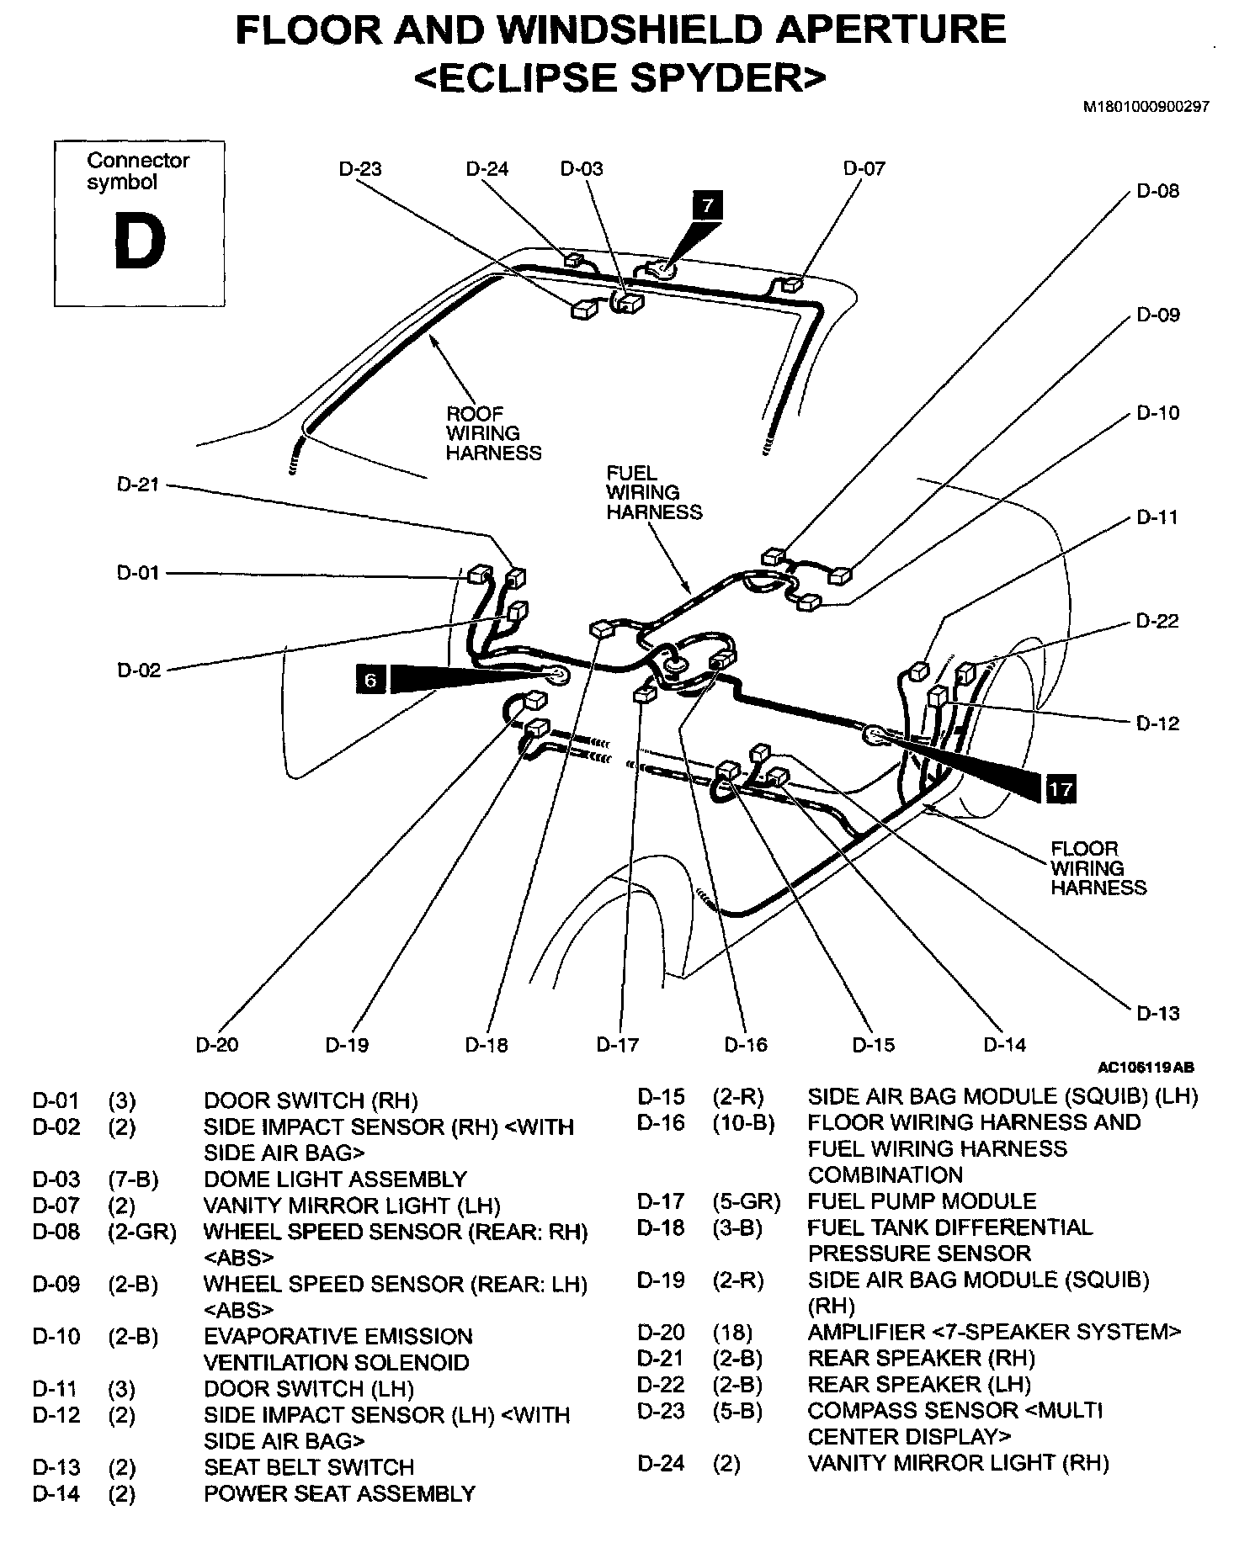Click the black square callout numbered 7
708,205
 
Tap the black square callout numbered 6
370,678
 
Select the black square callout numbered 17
1061,788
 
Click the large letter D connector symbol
140,241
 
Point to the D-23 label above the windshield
360,169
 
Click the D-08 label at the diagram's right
1158,191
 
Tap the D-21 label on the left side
138,485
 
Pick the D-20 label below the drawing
217,1045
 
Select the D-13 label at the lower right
1158,1013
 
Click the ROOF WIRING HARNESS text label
493,433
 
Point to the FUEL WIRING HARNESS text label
654,493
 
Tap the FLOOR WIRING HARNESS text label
1098,868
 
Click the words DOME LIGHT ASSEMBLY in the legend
335,1180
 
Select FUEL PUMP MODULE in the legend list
922,1201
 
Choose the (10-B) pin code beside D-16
743,1123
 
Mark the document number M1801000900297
1146,107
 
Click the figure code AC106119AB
1145,1068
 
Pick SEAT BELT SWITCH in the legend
309,1467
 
